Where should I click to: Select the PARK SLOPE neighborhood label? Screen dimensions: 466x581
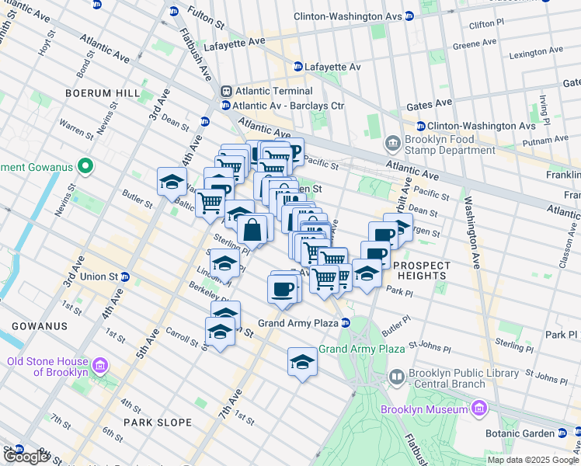[155, 423]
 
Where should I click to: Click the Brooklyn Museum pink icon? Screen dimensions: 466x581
[479, 409]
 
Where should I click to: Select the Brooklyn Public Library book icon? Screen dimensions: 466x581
[397, 377]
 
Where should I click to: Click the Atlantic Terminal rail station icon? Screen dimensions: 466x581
[225, 91]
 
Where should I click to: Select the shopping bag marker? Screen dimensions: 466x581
[252, 231]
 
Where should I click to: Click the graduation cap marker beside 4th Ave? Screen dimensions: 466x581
[172, 183]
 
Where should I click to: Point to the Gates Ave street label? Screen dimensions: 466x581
[426, 103]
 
